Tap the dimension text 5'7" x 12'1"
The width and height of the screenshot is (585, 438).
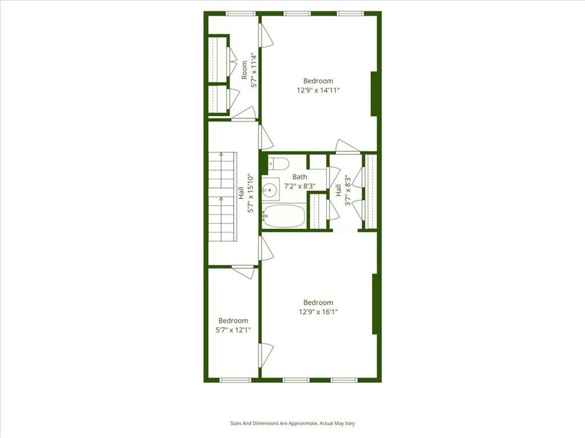pyautogui.click(x=233, y=330)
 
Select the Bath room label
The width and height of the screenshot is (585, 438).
pyautogui.click(x=300, y=177)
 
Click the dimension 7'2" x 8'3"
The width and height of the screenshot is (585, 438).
pyautogui.click(x=300, y=185)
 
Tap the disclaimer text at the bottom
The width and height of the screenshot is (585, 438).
pyautogui.click(x=292, y=423)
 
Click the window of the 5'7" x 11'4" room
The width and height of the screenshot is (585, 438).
pyautogui.click(x=240, y=13)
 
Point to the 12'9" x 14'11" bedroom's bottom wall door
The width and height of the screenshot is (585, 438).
pyautogui.click(x=347, y=147)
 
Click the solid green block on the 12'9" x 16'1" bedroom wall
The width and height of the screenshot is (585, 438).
pyautogui.click(x=375, y=303)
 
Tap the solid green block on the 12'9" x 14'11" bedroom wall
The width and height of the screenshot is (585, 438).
pyautogui.click(x=374, y=94)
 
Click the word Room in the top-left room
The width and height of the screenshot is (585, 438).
pyautogui.click(x=245, y=70)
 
